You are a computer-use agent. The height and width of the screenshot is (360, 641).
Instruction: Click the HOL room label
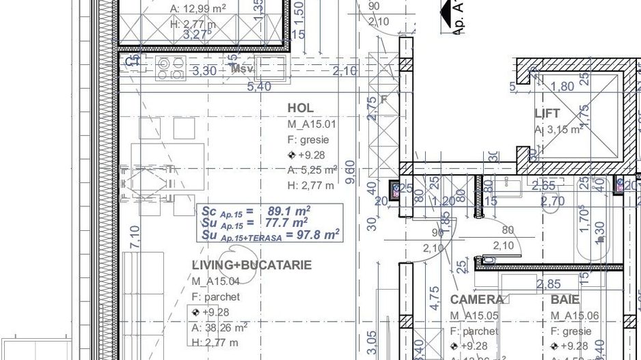click(x=301, y=108)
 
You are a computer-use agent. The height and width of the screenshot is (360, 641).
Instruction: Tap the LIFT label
click(x=547, y=113)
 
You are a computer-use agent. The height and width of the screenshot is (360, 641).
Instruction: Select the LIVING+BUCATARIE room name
click(x=251, y=265)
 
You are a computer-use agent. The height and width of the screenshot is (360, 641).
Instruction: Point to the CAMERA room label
click(x=477, y=299)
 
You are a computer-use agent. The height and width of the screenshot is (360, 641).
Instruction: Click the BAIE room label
click(x=565, y=299)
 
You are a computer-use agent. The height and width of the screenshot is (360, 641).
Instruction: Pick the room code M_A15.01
click(x=312, y=124)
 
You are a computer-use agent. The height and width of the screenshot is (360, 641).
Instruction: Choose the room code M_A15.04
click(x=215, y=281)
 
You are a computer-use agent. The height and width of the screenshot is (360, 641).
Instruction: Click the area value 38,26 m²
click(x=219, y=327)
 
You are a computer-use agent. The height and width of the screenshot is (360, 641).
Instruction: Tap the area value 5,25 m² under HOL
click(x=312, y=170)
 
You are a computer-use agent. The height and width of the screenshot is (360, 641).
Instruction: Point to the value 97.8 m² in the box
click(x=312, y=235)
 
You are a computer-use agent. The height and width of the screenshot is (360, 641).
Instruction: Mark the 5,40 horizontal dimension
click(x=258, y=87)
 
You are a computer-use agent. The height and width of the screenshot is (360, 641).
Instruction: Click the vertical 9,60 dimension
click(x=351, y=173)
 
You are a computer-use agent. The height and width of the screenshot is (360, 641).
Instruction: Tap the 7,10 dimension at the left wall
click(x=135, y=238)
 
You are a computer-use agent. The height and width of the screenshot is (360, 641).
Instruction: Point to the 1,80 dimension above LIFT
click(x=562, y=87)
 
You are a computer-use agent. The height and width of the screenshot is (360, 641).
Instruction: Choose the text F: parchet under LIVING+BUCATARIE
click(x=216, y=296)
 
